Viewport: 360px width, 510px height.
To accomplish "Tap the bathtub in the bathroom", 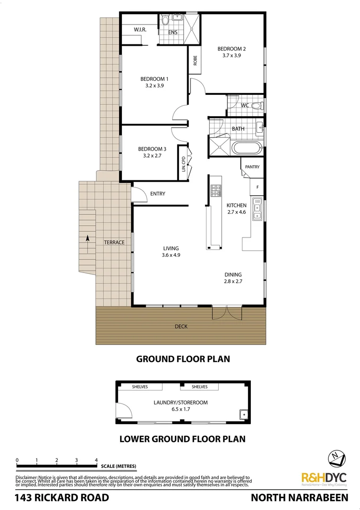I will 246,148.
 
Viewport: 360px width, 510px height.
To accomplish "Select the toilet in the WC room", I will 257,106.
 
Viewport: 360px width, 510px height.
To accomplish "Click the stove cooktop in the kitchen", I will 216,190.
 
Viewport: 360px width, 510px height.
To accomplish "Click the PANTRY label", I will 252,167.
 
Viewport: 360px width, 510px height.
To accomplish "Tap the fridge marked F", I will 257,187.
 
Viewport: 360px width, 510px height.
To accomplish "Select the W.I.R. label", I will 139,29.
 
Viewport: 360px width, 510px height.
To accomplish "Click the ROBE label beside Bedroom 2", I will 195,61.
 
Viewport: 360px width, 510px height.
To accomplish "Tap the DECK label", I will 181,326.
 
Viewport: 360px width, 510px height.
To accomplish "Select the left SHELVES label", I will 139,387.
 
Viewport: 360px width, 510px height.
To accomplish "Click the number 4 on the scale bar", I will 96,460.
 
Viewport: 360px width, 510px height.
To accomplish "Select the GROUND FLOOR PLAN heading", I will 183,359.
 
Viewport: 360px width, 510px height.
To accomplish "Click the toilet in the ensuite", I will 164,21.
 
